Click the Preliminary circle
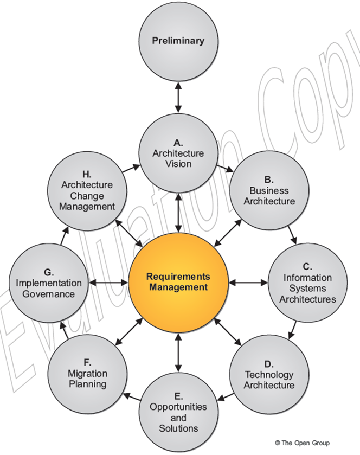click(178, 41)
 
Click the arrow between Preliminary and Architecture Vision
click(178, 97)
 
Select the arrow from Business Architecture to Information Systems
click(293, 234)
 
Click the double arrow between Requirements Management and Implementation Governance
click(108, 283)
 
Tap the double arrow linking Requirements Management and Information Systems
click(249, 283)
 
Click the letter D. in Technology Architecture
click(269, 364)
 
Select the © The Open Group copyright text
click(302, 443)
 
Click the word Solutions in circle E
click(178, 428)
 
